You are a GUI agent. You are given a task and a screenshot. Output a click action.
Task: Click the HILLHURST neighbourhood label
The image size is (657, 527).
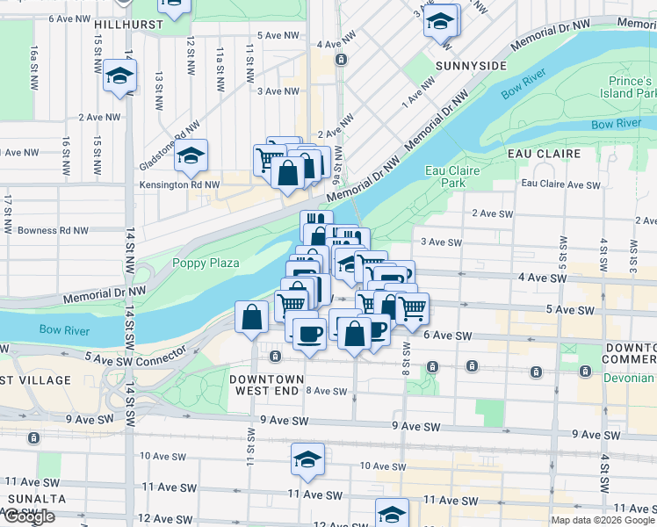(x=130, y=25)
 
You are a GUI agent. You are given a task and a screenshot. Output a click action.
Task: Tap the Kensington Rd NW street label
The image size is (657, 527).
(x=182, y=185)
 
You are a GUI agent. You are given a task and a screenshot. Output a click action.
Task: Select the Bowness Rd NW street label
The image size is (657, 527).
(x=54, y=231)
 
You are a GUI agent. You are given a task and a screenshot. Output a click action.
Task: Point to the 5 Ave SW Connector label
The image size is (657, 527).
(x=136, y=354)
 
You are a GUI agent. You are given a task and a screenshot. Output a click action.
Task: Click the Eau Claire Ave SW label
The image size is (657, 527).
(x=560, y=184)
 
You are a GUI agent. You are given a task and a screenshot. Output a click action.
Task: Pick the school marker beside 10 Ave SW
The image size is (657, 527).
(x=307, y=459)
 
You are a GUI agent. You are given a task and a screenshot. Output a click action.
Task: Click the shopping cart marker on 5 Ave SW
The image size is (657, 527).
(x=411, y=307)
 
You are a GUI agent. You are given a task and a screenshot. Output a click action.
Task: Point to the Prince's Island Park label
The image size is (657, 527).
(x=628, y=86)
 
